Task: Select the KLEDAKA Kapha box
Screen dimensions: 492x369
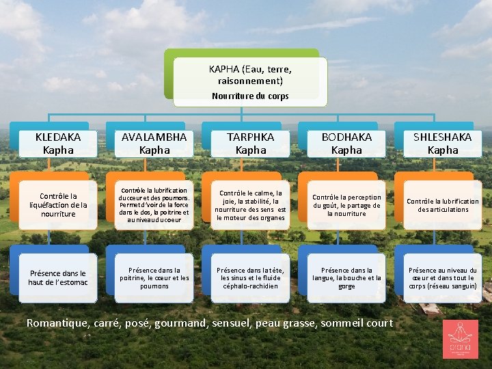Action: (x=58, y=143)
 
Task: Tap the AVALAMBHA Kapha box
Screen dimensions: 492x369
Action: (x=154, y=143)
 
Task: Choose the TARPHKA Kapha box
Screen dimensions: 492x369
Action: (x=251, y=143)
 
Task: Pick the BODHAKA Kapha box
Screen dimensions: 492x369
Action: (x=347, y=143)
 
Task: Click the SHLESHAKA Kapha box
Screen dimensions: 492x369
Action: (x=443, y=143)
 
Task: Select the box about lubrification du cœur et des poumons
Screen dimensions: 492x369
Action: (x=154, y=205)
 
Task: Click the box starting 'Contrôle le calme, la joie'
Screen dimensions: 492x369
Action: (x=251, y=205)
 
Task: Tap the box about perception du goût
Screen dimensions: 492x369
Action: (x=347, y=205)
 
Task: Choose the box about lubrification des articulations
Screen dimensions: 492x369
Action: (x=443, y=205)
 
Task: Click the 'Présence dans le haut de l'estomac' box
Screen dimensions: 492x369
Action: (x=58, y=277)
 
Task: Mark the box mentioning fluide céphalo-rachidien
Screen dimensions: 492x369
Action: (x=251, y=277)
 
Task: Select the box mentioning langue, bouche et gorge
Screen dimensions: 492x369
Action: (x=347, y=277)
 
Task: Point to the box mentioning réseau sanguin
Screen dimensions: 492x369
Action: (x=443, y=277)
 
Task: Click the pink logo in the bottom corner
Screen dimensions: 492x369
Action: (x=460, y=339)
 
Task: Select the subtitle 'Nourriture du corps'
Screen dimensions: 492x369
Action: (x=250, y=96)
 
